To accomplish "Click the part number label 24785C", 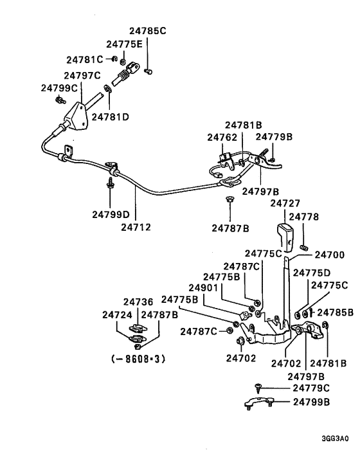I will point(147,30).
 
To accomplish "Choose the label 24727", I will point(285,203).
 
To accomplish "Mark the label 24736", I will point(138,302).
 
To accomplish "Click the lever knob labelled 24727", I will point(285,236).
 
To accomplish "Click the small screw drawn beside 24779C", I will point(258,388).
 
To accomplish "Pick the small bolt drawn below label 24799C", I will point(60,100).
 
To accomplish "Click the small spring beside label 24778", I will point(305,247).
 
